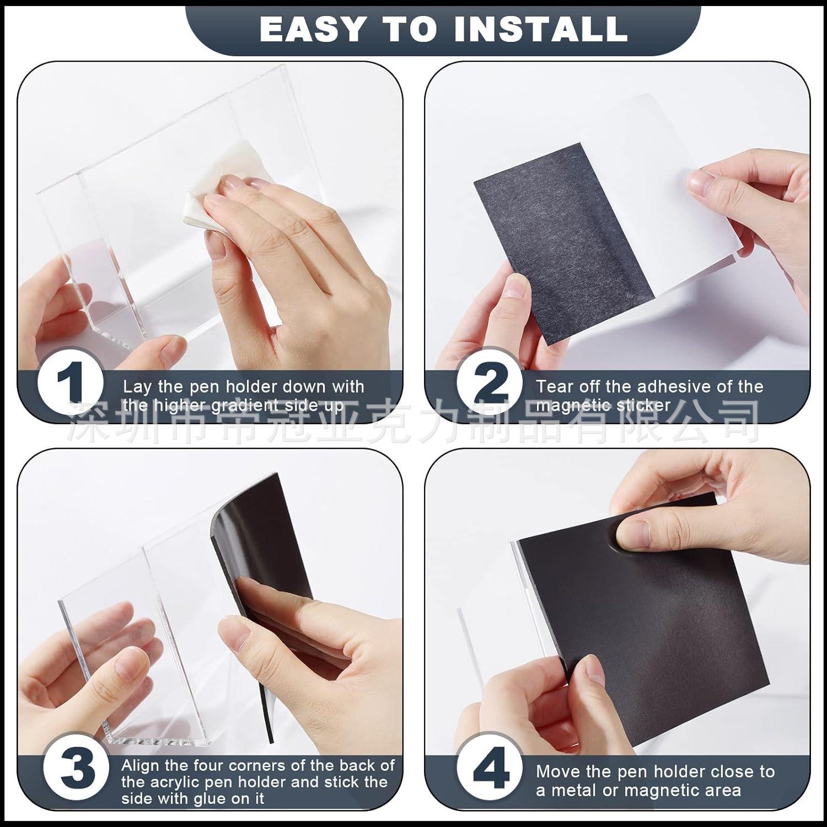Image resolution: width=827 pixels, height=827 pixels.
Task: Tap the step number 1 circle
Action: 70,382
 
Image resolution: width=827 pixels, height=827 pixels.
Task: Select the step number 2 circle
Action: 490,382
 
